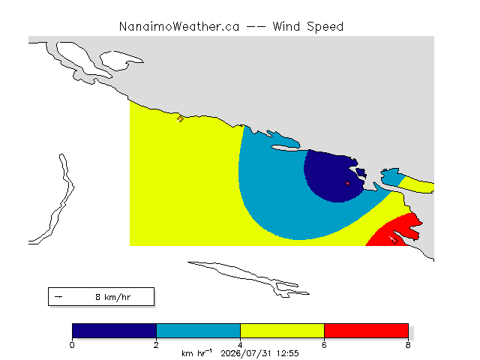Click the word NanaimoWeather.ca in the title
[179, 27]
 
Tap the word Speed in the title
[325, 27]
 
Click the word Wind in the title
[286, 27]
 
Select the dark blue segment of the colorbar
[114, 331]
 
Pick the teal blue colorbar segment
[198, 331]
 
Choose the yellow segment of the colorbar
[282, 331]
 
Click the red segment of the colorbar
[366, 331]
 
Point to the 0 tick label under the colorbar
[72, 345]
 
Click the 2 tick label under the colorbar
[156, 345]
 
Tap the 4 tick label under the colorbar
[240, 345]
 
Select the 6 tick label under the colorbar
[324, 345]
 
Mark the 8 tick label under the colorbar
[408, 345]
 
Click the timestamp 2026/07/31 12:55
[259, 353]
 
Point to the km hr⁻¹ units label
[196, 353]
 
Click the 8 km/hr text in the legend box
[113, 297]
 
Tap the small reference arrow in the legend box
[58, 297]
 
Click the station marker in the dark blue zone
[347, 183]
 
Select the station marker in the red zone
[394, 241]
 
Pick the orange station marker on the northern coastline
[180, 118]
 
